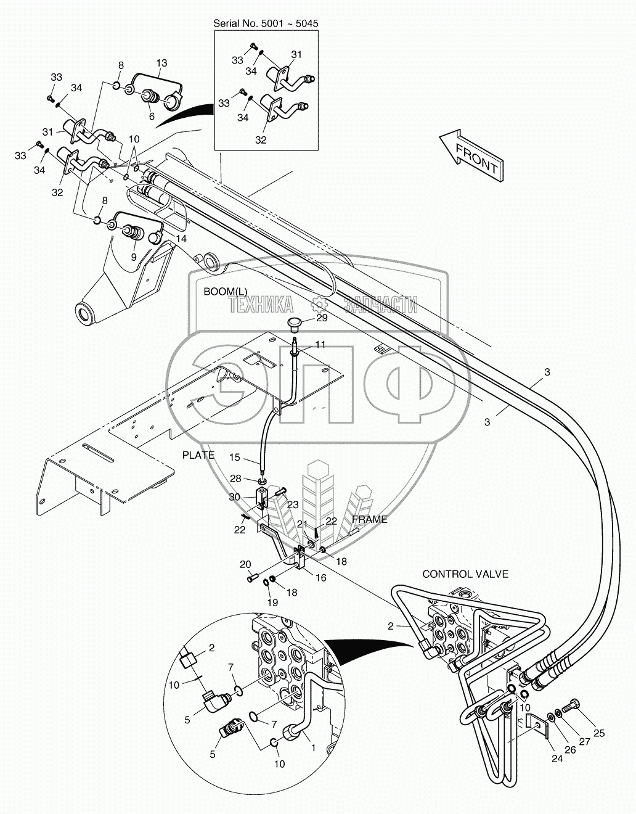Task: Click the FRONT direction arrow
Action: click(471, 155)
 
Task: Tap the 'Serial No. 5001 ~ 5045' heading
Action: click(266, 23)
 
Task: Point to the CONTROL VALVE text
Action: click(465, 574)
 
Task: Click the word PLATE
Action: click(198, 455)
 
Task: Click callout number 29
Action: click(322, 318)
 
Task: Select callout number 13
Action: click(161, 62)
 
